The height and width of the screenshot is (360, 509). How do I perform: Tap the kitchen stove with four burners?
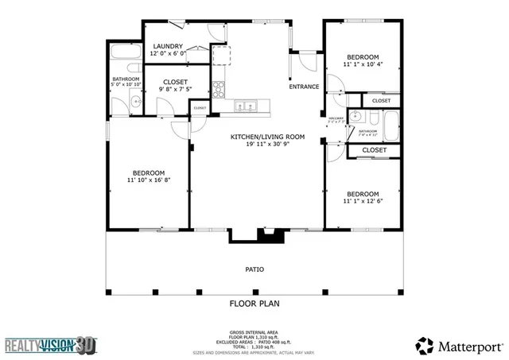(219, 87)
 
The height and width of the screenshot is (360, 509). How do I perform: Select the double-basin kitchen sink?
(246, 105)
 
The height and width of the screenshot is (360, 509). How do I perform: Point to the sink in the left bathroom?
(134, 101)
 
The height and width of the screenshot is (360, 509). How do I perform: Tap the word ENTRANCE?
(304, 87)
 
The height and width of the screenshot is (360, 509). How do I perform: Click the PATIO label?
(254, 269)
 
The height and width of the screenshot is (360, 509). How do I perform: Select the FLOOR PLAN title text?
(254, 303)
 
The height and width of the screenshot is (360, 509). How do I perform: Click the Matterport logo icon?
(425, 345)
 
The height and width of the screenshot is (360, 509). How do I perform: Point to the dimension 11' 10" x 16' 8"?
(149, 180)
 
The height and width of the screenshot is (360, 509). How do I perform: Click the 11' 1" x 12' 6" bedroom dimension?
(362, 201)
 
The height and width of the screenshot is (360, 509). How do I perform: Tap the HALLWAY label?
(337, 119)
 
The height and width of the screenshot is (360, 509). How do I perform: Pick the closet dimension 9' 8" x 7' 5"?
(175, 89)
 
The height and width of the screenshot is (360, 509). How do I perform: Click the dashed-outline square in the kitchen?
(220, 55)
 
